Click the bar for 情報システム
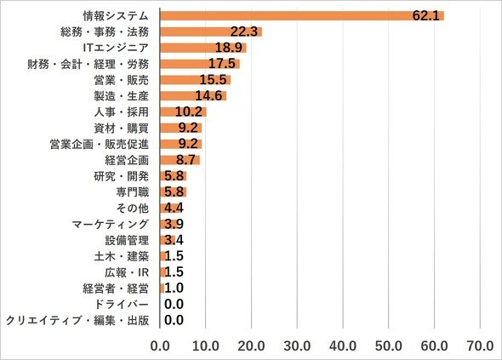pos(302,15)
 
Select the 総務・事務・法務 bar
pos(211,31)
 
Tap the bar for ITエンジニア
pos(203,48)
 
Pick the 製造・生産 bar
pos(193,96)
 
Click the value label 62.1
pos(425,15)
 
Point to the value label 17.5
pos(222,64)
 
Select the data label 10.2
pos(189,111)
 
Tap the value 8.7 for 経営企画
pos(185,159)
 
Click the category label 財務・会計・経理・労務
pos(88,64)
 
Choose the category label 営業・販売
pos(122,80)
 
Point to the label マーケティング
pos(110,224)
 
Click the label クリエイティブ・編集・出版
pos(77,320)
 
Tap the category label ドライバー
pos(122,305)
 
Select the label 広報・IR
pos(127,272)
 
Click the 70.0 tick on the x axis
pos(480,346)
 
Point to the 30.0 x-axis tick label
pos(297,346)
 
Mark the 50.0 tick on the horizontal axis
pos(389,346)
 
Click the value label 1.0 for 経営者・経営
pos(174,288)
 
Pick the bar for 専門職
pos(174,191)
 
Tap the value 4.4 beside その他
pos(174,208)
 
